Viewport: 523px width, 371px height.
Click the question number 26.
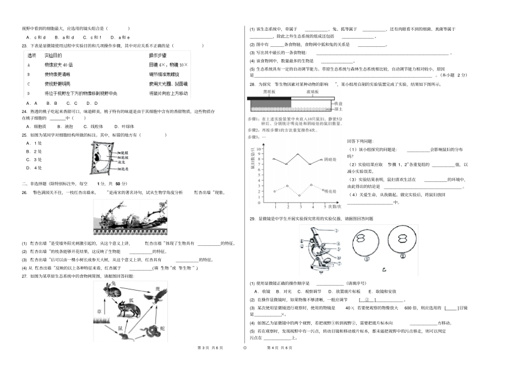[24, 192]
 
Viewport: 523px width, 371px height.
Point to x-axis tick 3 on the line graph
[298, 206]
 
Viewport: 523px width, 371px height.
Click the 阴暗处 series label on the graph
[330, 159]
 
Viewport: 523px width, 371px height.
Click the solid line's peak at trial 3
[298, 154]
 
